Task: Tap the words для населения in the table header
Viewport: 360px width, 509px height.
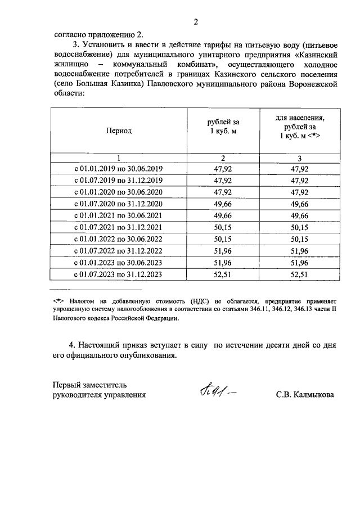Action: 300,118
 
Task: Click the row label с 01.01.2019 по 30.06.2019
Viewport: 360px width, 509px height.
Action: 119,168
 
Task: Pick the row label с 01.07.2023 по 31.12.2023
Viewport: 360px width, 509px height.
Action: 119,274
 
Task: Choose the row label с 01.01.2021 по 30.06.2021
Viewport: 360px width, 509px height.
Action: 119,215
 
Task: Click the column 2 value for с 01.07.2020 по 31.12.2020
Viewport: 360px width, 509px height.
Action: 223,204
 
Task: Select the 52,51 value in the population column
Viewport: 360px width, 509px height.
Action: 299,274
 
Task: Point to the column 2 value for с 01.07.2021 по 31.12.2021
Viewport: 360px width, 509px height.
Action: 223,227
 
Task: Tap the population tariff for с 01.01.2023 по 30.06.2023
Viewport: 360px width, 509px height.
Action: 299,263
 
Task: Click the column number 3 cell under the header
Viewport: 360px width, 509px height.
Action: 299,157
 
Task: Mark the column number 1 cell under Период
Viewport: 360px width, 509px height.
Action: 119,157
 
